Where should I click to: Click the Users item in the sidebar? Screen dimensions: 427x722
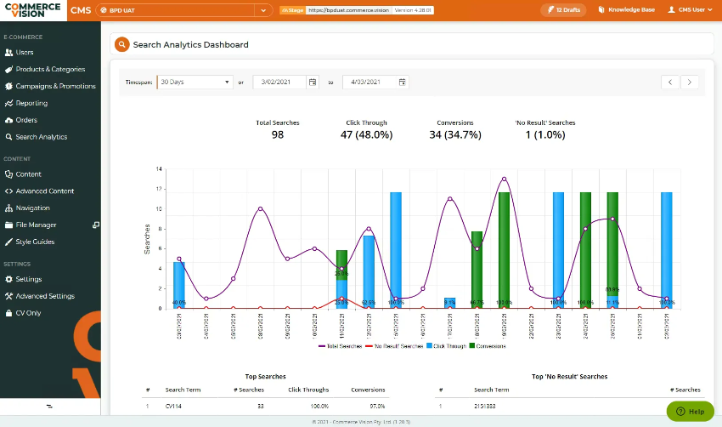25,53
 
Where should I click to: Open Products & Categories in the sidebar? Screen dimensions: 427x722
50,70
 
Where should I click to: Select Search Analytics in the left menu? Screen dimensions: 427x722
41,137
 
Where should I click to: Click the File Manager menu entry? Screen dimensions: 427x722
36,225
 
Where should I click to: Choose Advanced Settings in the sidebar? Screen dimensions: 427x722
44,296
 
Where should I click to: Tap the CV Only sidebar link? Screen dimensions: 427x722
28,313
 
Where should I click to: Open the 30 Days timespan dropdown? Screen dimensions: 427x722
195,83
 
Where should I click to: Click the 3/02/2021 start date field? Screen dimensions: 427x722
279,83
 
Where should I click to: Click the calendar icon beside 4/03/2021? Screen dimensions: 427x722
403,83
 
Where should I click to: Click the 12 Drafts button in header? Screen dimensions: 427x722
562,10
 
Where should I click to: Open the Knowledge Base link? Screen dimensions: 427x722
627,10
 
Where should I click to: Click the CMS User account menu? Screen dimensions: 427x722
690,10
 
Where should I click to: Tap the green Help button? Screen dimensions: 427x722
690,411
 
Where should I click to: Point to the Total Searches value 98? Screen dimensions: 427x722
278,134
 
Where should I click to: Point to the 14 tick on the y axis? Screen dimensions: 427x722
158,169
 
